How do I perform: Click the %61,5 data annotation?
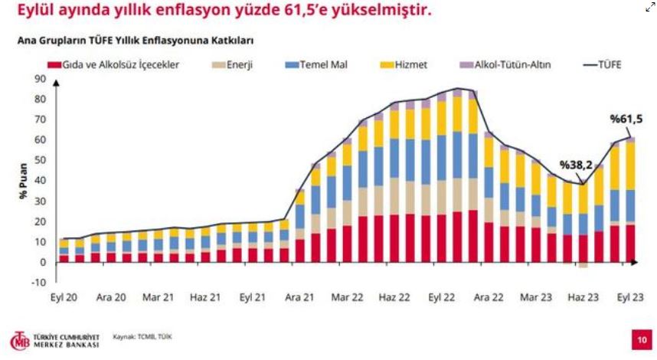(625, 119)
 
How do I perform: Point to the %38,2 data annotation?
(575, 165)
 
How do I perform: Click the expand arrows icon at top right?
(649, 8)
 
